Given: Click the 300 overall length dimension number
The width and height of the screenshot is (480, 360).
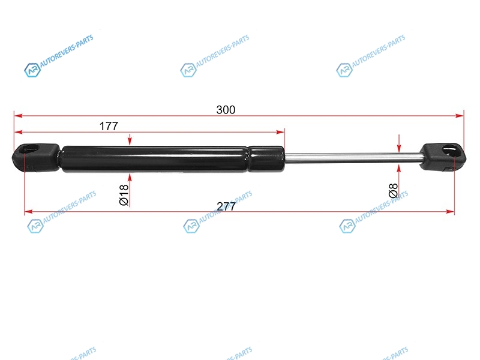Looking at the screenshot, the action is (x=226, y=110).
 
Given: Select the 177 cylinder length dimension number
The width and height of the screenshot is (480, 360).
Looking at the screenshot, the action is (x=109, y=126).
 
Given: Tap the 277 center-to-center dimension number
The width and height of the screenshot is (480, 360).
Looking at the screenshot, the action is (x=226, y=206).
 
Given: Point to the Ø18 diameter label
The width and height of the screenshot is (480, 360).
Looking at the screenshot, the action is (x=124, y=194).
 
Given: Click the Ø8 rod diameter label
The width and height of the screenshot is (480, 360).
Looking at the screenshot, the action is (x=393, y=190).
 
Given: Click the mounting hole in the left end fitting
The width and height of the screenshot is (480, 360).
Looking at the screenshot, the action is (x=31, y=149).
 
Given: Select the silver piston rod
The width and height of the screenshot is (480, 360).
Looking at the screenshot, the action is (x=353, y=157).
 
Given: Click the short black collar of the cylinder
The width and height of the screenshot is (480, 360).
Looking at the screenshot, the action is (x=266, y=158).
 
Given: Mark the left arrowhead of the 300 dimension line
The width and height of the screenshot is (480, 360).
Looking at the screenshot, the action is (x=18, y=116).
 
